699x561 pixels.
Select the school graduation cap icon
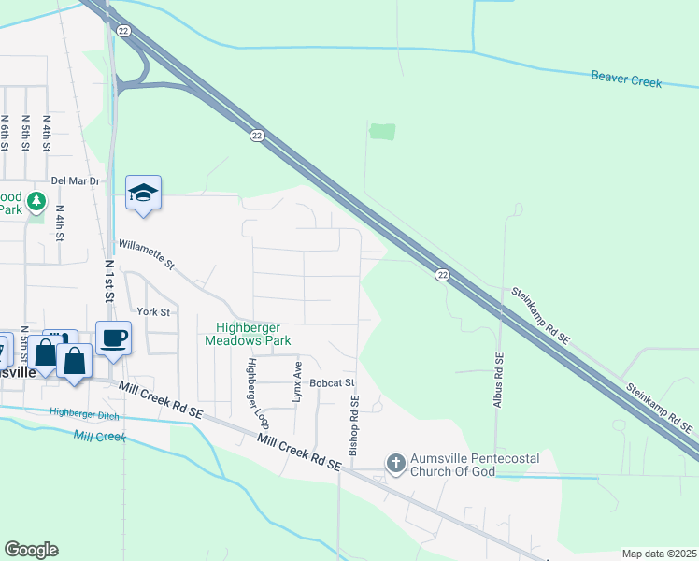click(x=143, y=193)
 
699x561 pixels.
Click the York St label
click(x=153, y=311)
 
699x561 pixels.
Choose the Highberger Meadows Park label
click(x=254, y=334)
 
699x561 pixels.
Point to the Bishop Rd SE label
click(x=354, y=425)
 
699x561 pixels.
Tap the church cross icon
click(x=395, y=462)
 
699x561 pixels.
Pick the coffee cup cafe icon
click(x=114, y=338)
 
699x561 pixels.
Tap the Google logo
click(x=31, y=550)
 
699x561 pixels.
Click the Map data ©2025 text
click(x=658, y=554)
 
